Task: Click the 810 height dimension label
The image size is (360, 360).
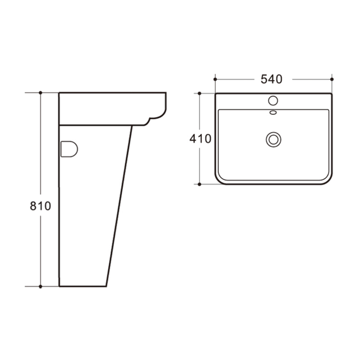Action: tap(41, 206)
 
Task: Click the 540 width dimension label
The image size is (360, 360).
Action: tap(271, 79)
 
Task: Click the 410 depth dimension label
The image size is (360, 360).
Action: tap(200, 139)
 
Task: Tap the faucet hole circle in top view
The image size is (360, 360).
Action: tap(273, 101)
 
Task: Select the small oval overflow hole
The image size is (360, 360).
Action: tap(273, 112)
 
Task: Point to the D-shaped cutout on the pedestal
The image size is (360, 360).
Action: tap(69, 149)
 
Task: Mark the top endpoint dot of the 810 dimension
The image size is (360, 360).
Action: tap(41, 93)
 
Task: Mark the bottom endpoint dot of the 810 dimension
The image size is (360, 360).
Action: tap(41, 286)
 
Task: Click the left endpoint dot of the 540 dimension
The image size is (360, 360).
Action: tap(215, 79)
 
